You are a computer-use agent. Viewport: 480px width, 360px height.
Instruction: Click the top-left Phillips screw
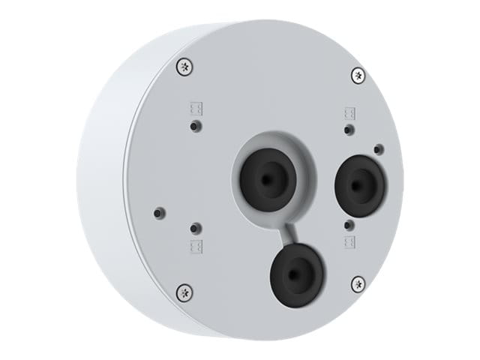point(184,67)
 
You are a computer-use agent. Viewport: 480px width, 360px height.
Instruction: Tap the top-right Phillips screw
point(358,75)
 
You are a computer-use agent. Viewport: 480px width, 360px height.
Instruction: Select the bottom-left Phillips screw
point(184,291)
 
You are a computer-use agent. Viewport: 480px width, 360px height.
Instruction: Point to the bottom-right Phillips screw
point(358,283)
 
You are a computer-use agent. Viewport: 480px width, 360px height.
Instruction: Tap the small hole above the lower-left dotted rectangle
point(195,227)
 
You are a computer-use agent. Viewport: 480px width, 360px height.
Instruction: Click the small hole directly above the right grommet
point(348,130)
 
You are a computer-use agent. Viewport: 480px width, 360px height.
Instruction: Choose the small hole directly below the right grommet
point(348,223)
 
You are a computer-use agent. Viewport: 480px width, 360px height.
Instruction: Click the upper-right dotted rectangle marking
point(349,114)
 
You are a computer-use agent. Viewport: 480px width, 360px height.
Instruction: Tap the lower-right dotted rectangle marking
point(349,241)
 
